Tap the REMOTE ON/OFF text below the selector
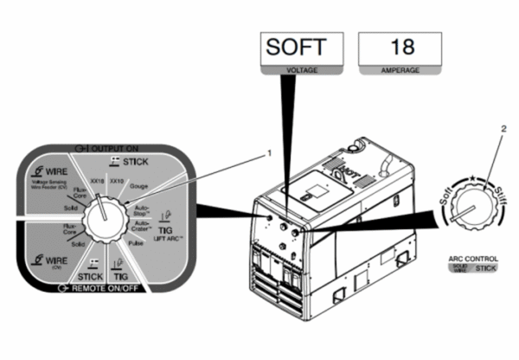pos(108,286)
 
